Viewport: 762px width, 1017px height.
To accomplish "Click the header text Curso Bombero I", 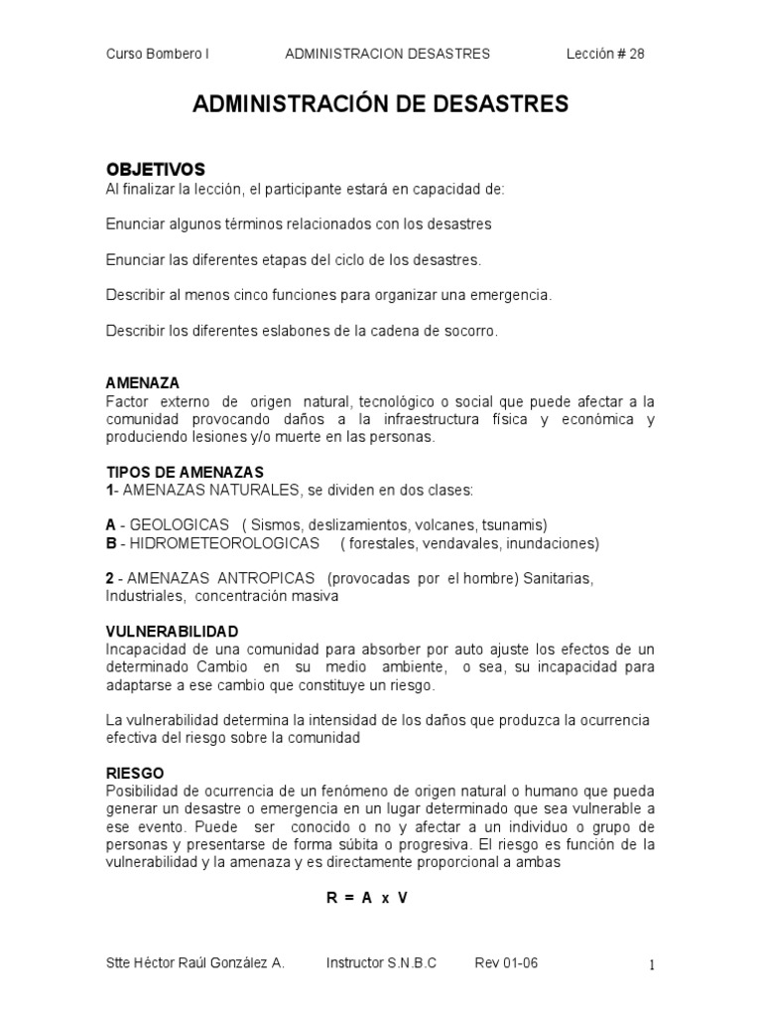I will (157, 54).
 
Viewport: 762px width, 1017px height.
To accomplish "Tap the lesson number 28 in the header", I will (636, 54).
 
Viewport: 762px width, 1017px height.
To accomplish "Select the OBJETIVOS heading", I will (156, 169).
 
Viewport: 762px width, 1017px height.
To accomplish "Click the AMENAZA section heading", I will (143, 382).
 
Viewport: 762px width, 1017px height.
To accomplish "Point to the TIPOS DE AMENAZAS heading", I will (186, 472).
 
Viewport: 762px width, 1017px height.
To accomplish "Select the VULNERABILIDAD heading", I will (172, 632).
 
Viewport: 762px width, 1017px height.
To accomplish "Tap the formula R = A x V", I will (367, 897).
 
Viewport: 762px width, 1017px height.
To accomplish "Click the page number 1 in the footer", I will (651, 964).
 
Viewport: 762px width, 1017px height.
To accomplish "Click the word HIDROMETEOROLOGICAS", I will (219, 543).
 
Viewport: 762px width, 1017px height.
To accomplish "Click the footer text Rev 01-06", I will (507, 963).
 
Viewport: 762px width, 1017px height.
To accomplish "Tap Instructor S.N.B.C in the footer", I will (381, 963).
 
